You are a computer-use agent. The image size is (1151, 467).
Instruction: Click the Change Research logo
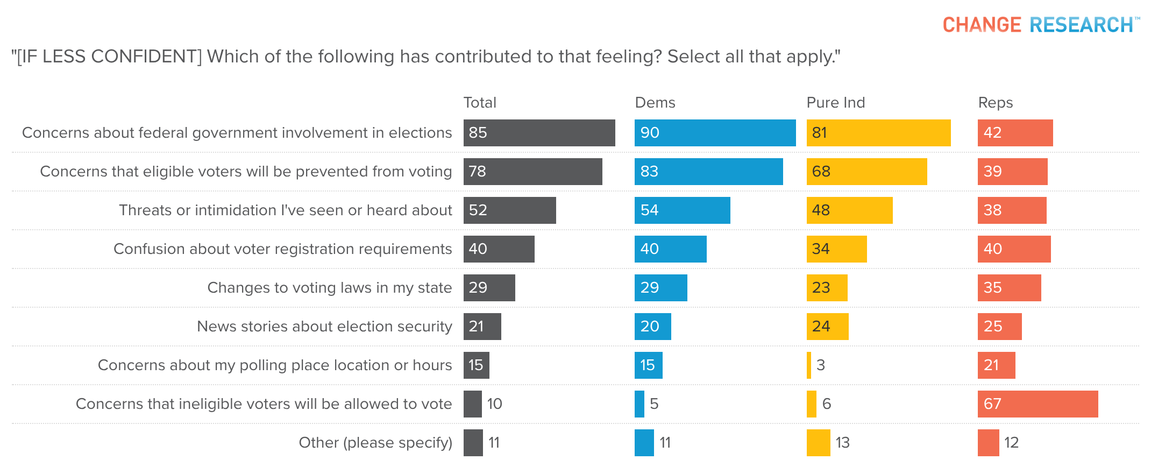[1040, 25]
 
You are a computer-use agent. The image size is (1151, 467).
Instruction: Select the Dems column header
[655, 103]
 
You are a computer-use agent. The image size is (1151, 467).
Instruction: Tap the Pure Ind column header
[835, 103]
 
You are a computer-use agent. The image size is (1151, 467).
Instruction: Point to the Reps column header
[995, 103]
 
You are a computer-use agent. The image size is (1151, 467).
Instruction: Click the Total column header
[480, 103]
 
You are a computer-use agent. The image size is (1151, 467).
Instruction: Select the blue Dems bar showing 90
[715, 133]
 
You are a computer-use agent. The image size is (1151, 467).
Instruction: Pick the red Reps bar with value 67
[1038, 404]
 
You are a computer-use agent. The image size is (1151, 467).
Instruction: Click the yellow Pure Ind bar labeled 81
[878, 133]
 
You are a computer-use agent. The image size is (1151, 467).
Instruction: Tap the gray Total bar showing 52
[509, 210]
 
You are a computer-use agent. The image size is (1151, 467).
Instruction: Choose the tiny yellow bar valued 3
[809, 365]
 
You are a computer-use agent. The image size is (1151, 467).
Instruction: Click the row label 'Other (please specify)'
[375, 443]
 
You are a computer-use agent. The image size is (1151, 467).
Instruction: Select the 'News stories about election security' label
[324, 327]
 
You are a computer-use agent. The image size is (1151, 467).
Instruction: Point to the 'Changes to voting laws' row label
[329, 288]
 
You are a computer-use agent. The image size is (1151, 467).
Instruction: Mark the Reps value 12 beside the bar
[1011, 443]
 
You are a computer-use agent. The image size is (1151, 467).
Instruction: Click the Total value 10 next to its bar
[494, 404]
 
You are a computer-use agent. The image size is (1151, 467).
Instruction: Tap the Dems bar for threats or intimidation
[682, 210]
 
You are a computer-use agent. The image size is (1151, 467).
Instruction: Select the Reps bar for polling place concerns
[996, 365]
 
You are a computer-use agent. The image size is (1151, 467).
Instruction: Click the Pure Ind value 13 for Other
[842, 443]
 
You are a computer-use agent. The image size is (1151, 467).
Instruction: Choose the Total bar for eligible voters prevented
[532, 172]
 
